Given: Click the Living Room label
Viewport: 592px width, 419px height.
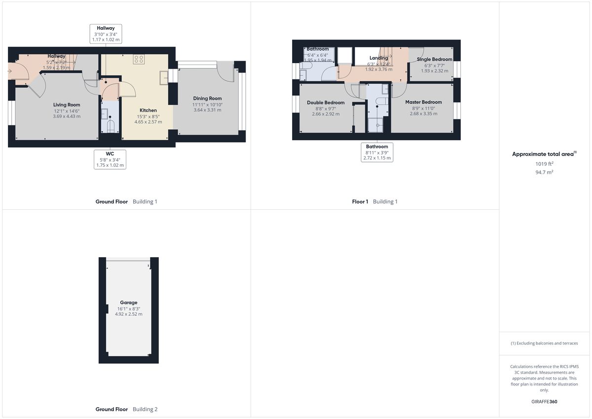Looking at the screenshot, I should click(x=67, y=105).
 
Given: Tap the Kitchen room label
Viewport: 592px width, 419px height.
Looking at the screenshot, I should click(x=148, y=110).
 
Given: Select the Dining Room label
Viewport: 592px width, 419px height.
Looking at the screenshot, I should click(x=207, y=98).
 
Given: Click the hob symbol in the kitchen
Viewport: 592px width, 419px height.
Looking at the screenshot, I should click(x=139, y=59).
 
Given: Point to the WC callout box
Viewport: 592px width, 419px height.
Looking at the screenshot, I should click(x=110, y=159).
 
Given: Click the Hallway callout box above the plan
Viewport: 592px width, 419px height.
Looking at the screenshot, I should click(x=106, y=34).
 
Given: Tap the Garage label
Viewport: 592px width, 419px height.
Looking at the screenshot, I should click(x=128, y=303).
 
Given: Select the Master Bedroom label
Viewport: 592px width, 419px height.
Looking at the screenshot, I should click(x=423, y=102).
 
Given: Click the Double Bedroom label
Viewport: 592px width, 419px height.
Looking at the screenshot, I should click(x=326, y=103).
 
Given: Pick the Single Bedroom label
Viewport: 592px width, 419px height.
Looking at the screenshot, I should click(x=434, y=59).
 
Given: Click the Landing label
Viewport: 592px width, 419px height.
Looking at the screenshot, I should click(x=378, y=58).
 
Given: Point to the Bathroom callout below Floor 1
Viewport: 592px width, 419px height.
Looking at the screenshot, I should click(x=377, y=152).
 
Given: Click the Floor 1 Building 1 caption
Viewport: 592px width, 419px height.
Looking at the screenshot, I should click(x=374, y=201).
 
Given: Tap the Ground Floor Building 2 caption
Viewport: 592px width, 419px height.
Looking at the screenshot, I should click(x=126, y=409).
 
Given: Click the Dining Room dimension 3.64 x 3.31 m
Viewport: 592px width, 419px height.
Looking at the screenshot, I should click(x=207, y=110).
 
